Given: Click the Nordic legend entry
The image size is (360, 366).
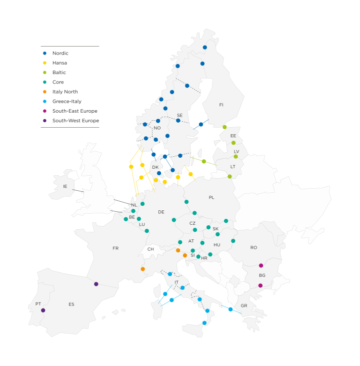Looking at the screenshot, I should (x=60, y=53).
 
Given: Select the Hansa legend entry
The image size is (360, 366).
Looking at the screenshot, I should (x=59, y=63).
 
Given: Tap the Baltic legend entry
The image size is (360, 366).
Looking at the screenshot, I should (x=58, y=73).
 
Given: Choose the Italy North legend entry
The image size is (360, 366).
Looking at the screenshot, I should (x=64, y=92).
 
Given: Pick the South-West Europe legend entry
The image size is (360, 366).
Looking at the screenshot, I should (x=75, y=121).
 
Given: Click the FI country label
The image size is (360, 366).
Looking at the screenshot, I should (x=221, y=105).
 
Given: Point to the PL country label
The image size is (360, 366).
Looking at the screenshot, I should (x=211, y=198).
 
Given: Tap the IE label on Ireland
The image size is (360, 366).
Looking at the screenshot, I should (x=65, y=187).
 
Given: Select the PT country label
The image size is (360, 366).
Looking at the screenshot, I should (x=38, y=304).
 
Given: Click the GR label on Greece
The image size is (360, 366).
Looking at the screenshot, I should (x=244, y=306).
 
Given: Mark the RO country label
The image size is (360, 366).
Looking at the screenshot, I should (x=253, y=248).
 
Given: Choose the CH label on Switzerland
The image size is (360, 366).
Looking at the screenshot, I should (x=150, y=249).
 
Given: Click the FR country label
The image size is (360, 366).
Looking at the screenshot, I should (x=115, y=248).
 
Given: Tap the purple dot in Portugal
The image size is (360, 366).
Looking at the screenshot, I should (x=43, y=310).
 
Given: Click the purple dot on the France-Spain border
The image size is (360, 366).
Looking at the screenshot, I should (x=96, y=284).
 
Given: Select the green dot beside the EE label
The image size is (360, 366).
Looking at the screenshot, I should (x=233, y=143).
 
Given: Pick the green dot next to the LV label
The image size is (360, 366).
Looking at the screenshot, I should (x=235, y=157).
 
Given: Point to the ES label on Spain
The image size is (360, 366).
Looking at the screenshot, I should (x=71, y=304).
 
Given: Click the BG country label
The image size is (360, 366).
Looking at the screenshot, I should (x=262, y=276).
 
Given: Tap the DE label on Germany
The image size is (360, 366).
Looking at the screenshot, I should (x=161, y=212).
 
